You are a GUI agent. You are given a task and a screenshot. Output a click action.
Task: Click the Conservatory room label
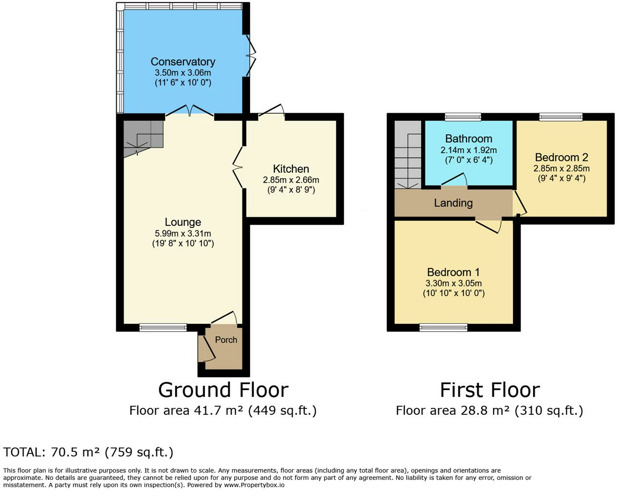[183, 61]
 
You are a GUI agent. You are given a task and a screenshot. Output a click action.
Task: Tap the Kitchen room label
[291, 169]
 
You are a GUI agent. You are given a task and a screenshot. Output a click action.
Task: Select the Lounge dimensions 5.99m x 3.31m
[183, 233]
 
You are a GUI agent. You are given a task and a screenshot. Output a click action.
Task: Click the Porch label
[226, 340]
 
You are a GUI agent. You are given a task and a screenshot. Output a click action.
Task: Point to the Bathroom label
[469, 139]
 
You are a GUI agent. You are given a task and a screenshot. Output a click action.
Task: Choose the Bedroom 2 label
[561, 157]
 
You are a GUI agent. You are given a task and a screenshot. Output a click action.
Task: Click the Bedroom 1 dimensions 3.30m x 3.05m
[453, 283]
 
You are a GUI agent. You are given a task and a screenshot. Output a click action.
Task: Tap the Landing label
[453, 203]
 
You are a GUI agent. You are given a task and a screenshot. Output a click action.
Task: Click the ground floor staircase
[142, 136]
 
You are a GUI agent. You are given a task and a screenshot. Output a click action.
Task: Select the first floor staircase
[408, 154]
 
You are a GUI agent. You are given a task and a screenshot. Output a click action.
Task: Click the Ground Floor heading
[223, 390]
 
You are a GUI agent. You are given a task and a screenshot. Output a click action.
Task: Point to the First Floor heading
[490, 390]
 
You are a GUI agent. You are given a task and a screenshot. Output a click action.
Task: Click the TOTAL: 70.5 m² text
[88, 452]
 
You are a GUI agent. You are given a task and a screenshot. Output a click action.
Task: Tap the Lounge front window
[163, 328]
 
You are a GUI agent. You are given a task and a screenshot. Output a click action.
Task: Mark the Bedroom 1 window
[443, 328]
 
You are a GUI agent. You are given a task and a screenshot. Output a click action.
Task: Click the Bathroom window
[463, 117]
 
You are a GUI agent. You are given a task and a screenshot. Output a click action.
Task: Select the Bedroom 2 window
[561, 117]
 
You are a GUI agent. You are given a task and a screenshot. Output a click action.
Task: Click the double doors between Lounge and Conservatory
[190, 112]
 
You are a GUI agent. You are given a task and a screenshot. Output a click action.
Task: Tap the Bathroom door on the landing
[454, 182]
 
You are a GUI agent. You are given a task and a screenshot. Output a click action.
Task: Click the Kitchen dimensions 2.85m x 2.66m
[291, 180]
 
